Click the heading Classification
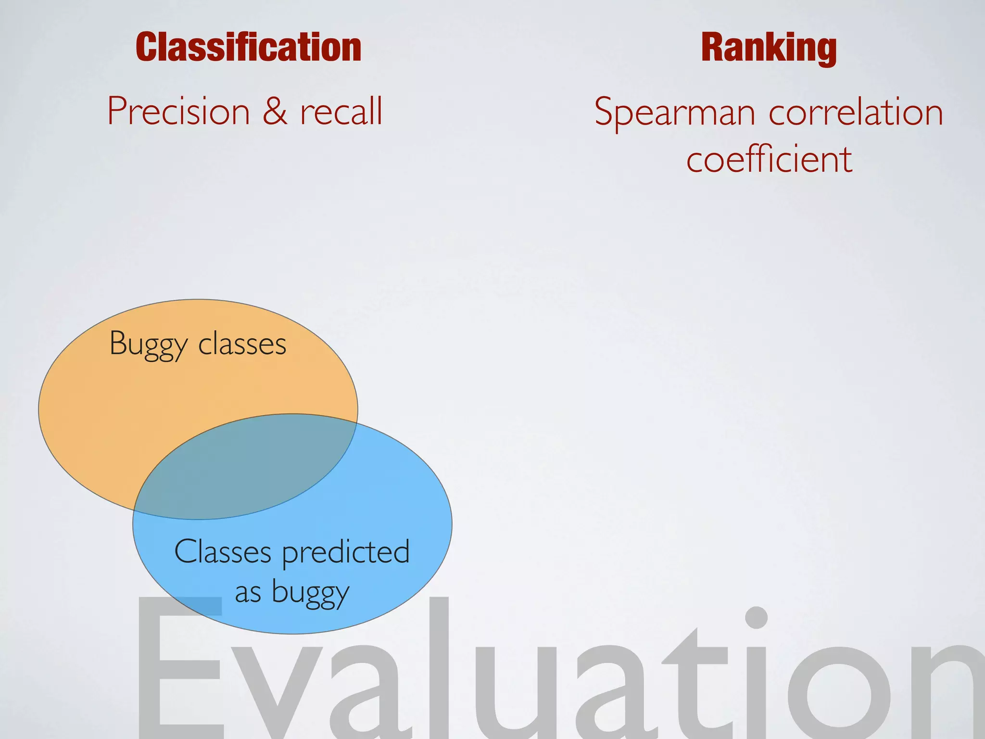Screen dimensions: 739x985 (x=248, y=47)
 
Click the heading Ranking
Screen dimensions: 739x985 (x=769, y=47)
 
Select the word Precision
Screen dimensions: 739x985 (x=178, y=111)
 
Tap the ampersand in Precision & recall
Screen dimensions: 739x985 (x=275, y=111)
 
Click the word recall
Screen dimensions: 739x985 (x=341, y=111)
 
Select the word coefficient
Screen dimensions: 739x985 (x=769, y=159)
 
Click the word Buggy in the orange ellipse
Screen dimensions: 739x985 (x=148, y=344)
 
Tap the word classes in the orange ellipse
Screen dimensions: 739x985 (x=242, y=344)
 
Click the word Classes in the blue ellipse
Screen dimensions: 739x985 (x=223, y=552)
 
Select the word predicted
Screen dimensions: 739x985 (x=346, y=552)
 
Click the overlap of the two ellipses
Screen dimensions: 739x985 (x=245, y=467)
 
